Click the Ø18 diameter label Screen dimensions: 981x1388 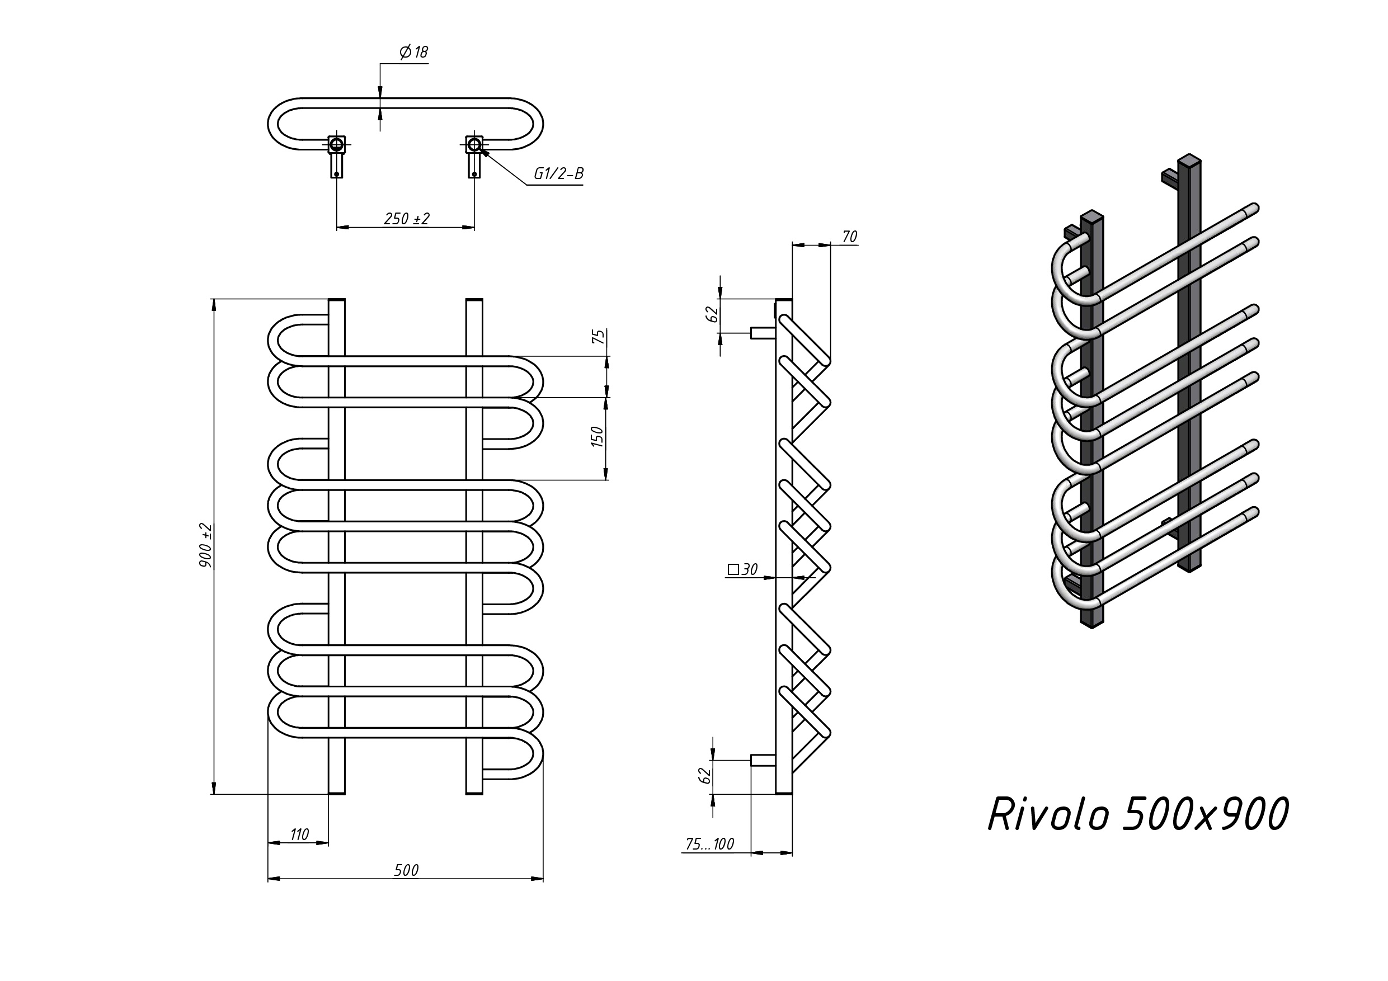point(414,53)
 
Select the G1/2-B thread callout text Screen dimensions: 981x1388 point(558,174)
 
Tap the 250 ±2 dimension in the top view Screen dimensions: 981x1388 point(406,219)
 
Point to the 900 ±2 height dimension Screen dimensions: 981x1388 point(205,545)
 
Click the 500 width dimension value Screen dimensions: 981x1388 point(406,870)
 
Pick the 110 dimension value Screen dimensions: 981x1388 point(299,834)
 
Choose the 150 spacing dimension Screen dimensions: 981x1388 point(597,437)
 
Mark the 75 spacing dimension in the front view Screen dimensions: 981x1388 point(597,337)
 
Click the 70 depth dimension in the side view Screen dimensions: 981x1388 point(849,237)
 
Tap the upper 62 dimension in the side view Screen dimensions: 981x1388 point(713,314)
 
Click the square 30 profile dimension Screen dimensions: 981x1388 point(743,569)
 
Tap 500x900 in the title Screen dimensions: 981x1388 point(1206,815)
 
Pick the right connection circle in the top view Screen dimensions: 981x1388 point(474,144)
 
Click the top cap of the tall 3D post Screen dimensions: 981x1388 point(1189,160)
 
